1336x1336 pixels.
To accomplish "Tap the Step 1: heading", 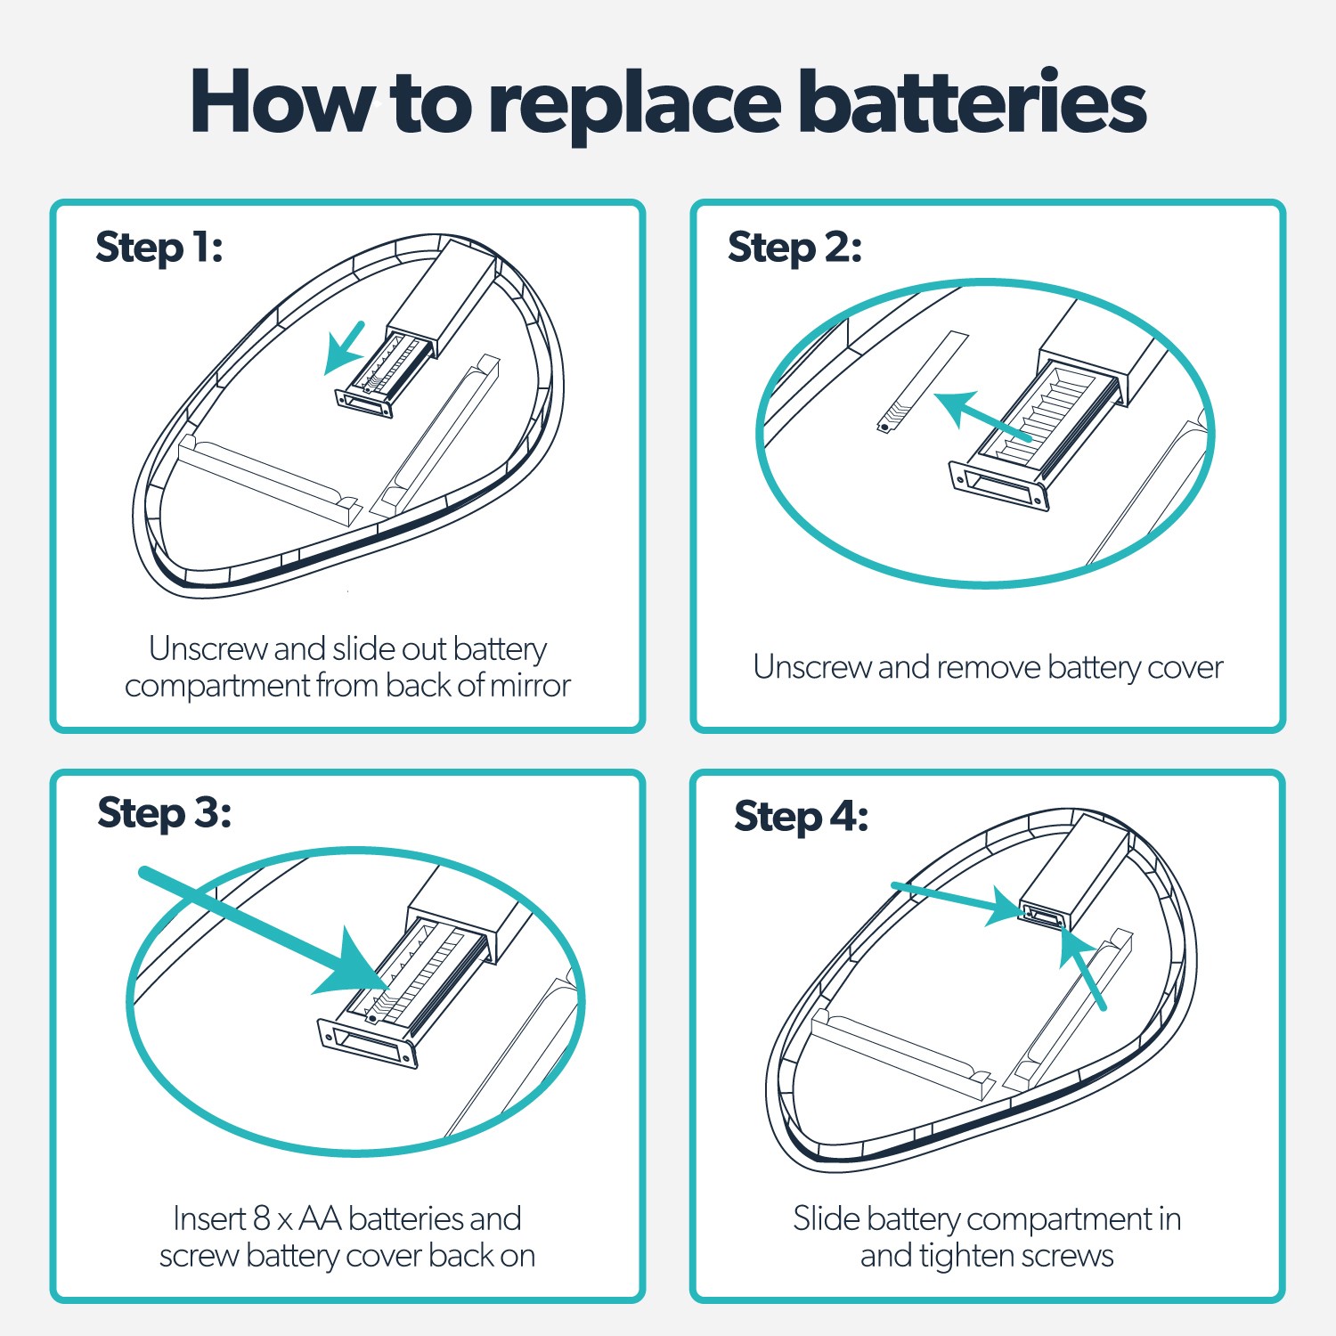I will [x=159, y=248].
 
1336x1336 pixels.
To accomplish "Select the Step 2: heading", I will [x=794, y=248].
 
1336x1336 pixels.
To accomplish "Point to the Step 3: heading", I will [x=164, y=813].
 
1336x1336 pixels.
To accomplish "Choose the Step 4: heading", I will [x=801, y=817].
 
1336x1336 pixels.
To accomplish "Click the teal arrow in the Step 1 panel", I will [x=344, y=346].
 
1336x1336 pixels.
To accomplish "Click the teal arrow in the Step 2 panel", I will [x=980, y=416].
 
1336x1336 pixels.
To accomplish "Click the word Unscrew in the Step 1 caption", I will [x=209, y=649].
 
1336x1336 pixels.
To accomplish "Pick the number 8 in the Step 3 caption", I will [x=261, y=1218].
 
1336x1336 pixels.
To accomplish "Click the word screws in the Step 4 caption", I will [x=1067, y=1256].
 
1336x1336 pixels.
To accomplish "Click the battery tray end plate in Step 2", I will [x=998, y=485].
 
